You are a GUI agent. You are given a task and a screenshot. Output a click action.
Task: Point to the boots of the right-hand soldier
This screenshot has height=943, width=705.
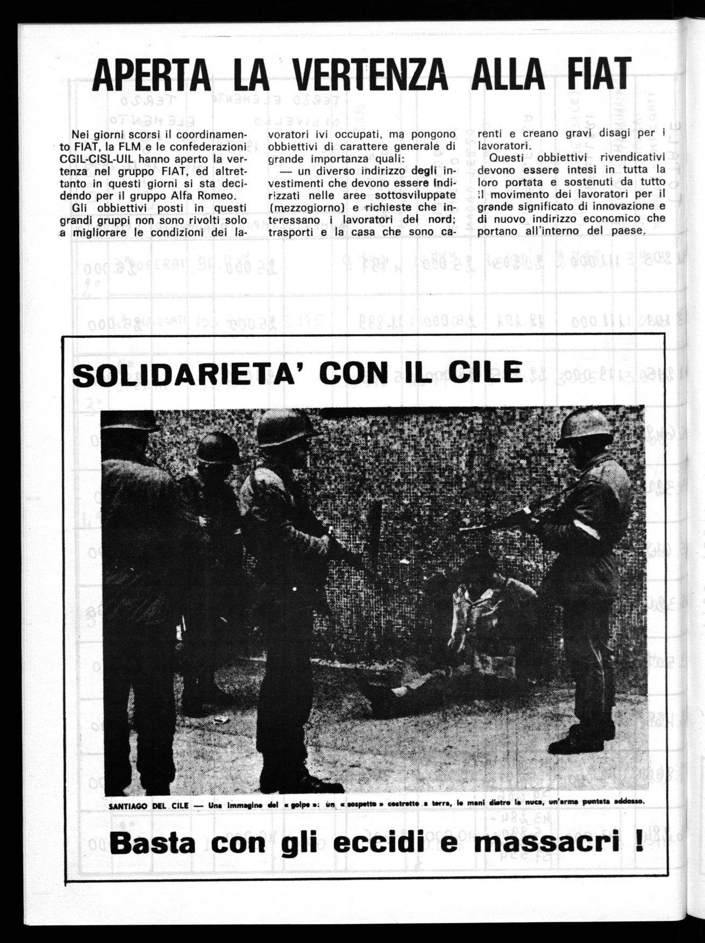click(x=575, y=742)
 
